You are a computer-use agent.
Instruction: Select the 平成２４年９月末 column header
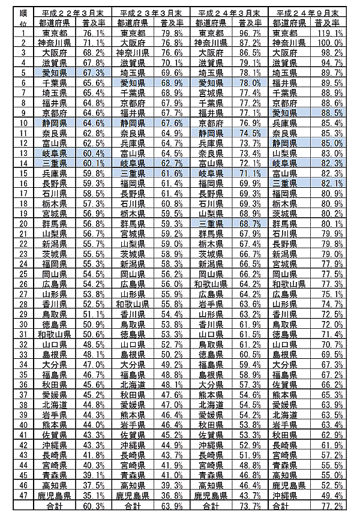click(306, 13)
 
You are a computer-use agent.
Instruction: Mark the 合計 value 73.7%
click(250, 506)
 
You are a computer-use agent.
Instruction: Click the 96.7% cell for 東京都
click(250, 33)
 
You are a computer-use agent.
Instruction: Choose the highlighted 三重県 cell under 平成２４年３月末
click(211, 223)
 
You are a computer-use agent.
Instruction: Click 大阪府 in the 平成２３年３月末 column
click(133, 43)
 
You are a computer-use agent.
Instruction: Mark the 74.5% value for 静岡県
click(250, 133)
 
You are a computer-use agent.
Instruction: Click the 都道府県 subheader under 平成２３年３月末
click(133, 23)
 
